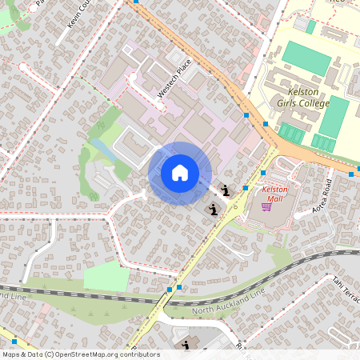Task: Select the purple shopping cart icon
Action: click(x=266, y=206)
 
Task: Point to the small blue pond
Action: click(x=101, y=148)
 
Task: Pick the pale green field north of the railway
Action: click(x=106, y=277)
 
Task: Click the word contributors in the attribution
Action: click(x=138, y=354)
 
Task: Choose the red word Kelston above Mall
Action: click(x=274, y=189)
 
